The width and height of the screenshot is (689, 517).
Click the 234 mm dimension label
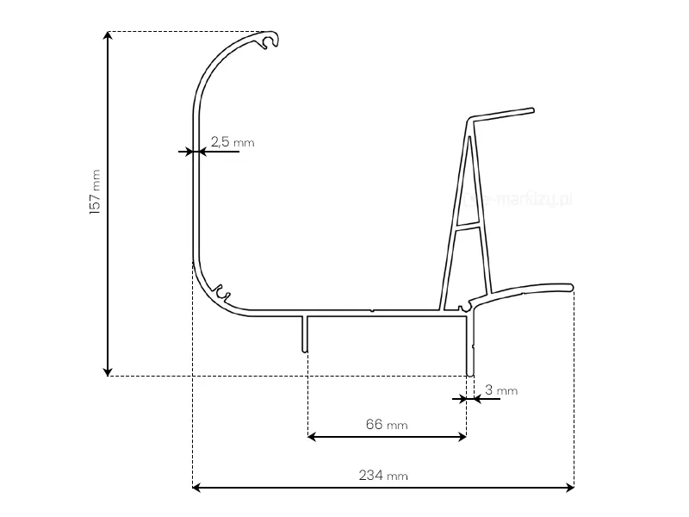383,475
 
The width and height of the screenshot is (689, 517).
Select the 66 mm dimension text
387,424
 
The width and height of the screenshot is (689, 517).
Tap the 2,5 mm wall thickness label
232,142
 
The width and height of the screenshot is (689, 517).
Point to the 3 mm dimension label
501,390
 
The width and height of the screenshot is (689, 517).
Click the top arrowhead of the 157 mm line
108,36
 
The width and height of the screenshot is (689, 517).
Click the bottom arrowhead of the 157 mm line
108,371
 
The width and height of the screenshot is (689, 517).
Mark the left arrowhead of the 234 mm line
196,488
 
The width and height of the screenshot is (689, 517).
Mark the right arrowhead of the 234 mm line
569,488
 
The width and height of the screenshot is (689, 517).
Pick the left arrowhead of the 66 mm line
313,437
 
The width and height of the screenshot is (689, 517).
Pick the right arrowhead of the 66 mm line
462,437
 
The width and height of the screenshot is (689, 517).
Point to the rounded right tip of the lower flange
570,286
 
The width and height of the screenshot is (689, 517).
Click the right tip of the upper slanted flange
532,110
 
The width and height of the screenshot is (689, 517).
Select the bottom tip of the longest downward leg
469,373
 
